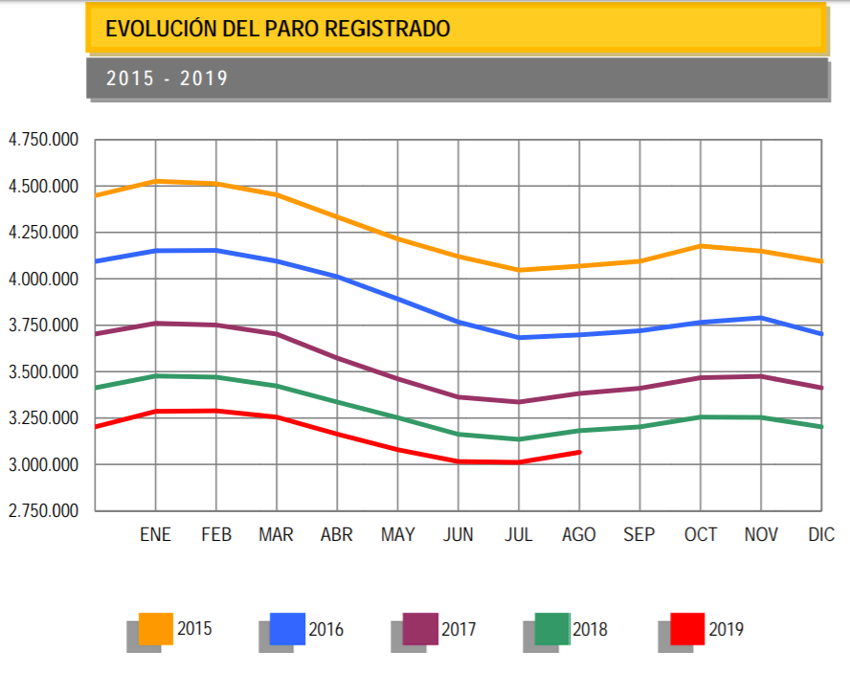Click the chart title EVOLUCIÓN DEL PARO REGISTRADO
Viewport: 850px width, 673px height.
pos(278,29)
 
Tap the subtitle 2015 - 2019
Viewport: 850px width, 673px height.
pos(168,79)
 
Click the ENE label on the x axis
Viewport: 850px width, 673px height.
pos(155,534)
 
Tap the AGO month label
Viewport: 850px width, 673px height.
pos(578,534)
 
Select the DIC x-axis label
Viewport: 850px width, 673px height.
pos(821,534)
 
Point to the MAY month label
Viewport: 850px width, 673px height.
pos(397,534)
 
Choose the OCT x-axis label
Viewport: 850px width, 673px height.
pos(701,534)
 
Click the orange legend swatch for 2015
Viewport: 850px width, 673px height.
pos(155,628)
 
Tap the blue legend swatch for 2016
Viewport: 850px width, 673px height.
pos(287,628)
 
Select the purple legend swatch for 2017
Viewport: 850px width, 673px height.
pos(420,628)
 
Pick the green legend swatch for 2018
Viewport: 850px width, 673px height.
pos(551,628)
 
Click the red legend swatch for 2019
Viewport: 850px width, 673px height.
pos(686,628)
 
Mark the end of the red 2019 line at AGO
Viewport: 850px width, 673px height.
pos(579,452)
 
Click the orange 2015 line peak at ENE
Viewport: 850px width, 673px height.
pos(156,181)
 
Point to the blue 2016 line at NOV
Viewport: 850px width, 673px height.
pos(761,318)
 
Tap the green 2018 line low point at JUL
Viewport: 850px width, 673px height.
pos(519,439)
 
